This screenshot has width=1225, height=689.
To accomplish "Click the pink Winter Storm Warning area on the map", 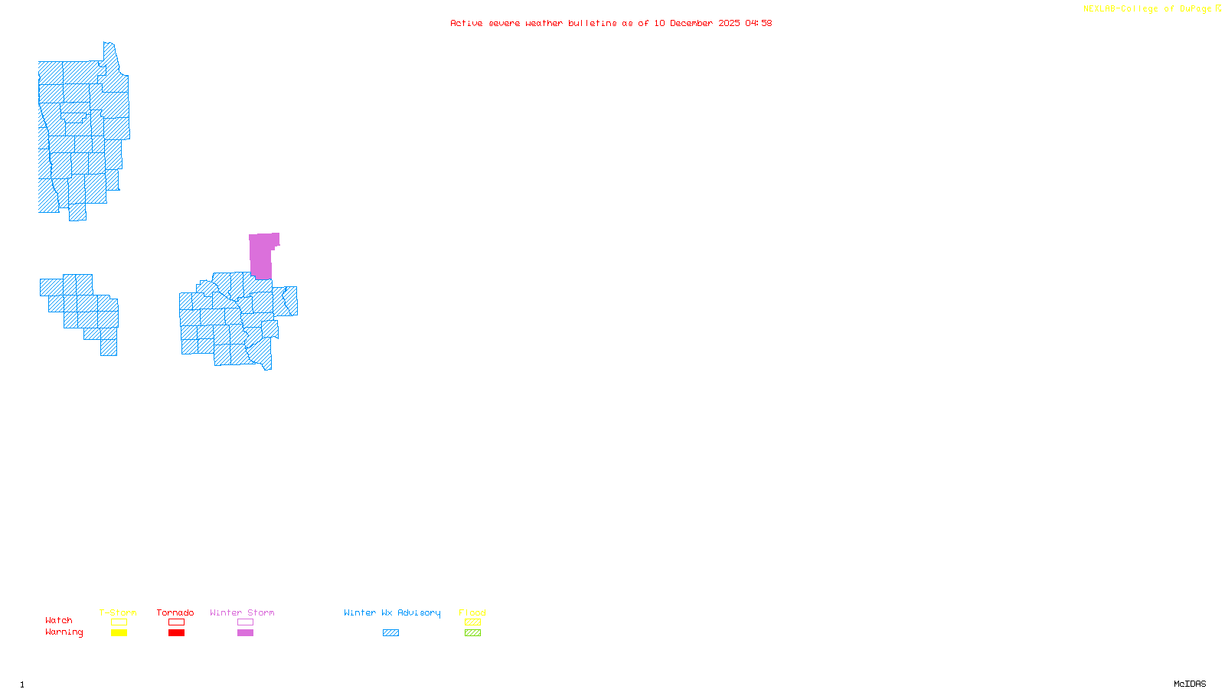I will click(260, 255).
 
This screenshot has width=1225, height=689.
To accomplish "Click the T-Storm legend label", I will click(118, 612).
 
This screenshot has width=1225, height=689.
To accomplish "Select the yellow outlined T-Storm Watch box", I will click(119, 622).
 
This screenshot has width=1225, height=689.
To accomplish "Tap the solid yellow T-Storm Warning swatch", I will click(119, 633).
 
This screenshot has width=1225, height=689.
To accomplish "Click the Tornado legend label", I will click(175, 612).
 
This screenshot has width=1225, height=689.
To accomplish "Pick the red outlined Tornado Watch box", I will click(176, 622).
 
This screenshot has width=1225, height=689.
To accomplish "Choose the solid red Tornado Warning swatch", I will click(176, 633).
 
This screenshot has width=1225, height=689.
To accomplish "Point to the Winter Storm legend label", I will click(242, 612).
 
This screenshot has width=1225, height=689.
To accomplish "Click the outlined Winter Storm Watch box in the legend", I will click(245, 622).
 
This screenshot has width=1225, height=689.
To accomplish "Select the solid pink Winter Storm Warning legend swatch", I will click(245, 633).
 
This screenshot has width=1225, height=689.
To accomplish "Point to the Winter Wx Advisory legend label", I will click(392, 612).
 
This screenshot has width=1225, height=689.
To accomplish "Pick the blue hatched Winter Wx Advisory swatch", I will click(390, 633).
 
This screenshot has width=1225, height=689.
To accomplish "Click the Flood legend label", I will click(472, 612).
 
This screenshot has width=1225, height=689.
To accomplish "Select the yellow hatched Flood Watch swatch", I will click(472, 622).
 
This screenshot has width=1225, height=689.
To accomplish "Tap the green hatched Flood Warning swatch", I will click(472, 633).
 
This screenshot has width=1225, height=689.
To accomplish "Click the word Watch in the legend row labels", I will click(59, 620).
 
